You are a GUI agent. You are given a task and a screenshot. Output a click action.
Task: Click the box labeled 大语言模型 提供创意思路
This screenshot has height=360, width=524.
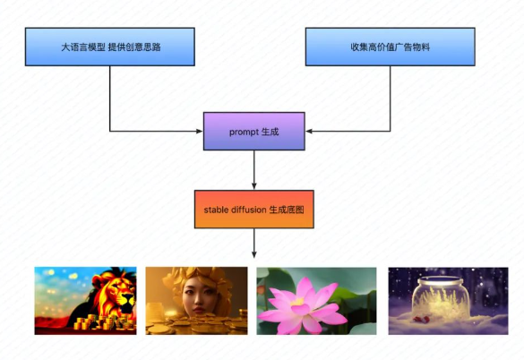(110, 47)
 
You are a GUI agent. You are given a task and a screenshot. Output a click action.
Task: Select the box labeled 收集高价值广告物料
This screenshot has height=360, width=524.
(390, 47)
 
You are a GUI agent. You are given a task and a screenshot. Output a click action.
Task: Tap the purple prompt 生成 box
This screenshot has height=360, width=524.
(254, 132)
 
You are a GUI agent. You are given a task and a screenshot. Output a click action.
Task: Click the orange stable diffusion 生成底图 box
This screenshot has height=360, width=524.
(254, 210)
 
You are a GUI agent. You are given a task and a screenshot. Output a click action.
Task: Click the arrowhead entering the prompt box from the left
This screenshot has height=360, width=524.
(200, 132)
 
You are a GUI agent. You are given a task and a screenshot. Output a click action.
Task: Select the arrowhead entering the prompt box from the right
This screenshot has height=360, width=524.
(309, 132)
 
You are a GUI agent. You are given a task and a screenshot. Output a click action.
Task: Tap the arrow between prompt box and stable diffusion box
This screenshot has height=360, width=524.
(254, 170)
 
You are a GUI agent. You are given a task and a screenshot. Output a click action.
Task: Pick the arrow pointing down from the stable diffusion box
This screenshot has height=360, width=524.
(254, 244)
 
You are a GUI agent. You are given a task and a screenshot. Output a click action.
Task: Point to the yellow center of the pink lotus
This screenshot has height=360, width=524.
(297, 302)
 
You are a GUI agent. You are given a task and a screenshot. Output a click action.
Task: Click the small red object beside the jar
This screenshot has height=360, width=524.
(421, 320)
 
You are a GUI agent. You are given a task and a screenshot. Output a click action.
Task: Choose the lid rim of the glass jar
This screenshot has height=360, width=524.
(441, 280)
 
